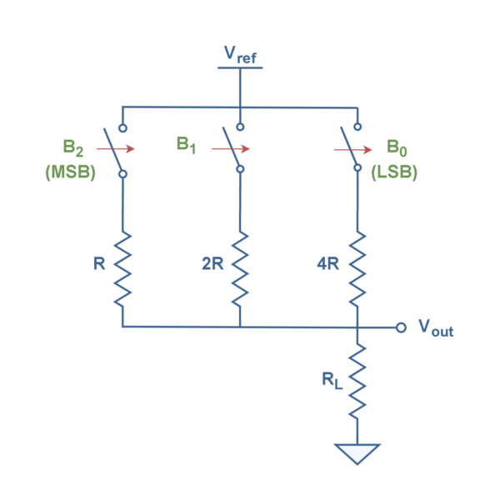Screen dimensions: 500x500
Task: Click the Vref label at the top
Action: click(x=240, y=55)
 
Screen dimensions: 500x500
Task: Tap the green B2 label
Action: click(x=73, y=148)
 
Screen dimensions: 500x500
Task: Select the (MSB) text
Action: click(x=71, y=172)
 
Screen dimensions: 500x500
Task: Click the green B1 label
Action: click(x=186, y=145)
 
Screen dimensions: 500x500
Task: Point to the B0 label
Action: click(x=397, y=148)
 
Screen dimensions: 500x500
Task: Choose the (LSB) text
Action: click(x=394, y=172)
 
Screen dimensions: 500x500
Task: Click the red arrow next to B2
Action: click(x=116, y=148)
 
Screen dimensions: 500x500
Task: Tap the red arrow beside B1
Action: click(x=231, y=148)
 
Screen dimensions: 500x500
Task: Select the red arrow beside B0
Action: click(x=353, y=149)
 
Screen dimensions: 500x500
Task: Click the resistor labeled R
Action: click(x=122, y=269)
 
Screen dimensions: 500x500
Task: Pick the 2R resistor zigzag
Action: click(x=240, y=269)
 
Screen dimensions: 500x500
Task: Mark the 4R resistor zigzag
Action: click(x=357, y=269)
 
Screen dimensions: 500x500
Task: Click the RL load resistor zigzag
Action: click(x=357, y=381)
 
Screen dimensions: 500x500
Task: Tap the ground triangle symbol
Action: click(x=357, y=452)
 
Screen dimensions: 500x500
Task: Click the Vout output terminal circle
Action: click(x=401, y=327)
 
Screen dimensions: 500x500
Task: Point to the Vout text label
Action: click(x=436, y=328)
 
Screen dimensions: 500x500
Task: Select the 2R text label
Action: click(x=212, y=263)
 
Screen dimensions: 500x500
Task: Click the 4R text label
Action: click(x=328, y=263)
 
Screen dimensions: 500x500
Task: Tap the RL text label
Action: click(x=332, y=381)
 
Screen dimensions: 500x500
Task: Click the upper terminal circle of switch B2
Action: click(x=122, y=128)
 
